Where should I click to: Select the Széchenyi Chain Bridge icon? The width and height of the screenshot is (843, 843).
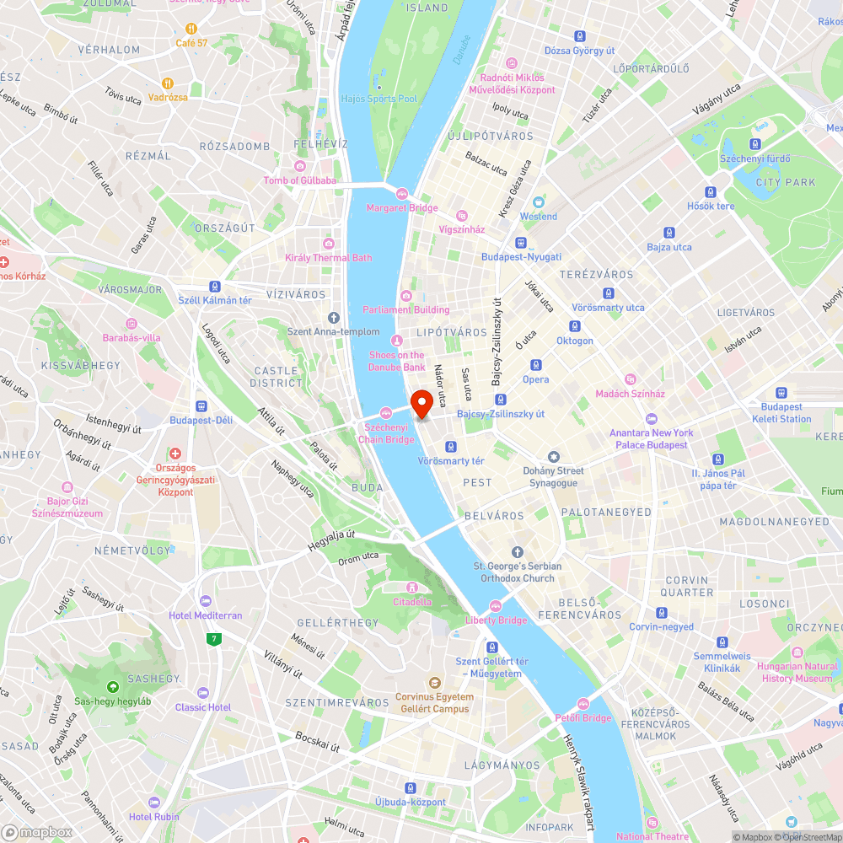click(x=385, y=411)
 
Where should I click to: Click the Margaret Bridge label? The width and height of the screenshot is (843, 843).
click(x=402, y=208)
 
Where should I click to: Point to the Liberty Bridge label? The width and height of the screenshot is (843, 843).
click(x=496, y=620)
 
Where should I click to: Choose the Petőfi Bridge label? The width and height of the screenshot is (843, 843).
click(x=583, y=718)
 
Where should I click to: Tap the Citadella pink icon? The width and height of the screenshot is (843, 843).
click(x=412, y=587)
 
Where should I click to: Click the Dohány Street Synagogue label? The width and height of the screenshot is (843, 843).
click(x=553, y=477)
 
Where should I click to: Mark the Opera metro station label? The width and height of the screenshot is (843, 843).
click(x=535, y=379)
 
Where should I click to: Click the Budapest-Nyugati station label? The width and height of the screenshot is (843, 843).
click(x=521, y=257)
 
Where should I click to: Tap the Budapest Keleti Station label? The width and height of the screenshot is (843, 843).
click(x=783, y=412)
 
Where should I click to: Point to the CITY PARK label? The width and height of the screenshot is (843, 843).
click(x=786, y=182)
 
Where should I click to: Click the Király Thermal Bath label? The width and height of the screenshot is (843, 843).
click(x=328, y=257)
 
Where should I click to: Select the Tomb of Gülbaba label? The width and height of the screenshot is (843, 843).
click(x=299, y=180)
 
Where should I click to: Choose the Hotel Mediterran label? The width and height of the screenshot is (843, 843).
click(x=205, y=615)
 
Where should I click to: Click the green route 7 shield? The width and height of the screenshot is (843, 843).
click(x=215, y=639)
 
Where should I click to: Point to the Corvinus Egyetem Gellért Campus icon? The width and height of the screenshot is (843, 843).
click(x=435, y=681)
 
